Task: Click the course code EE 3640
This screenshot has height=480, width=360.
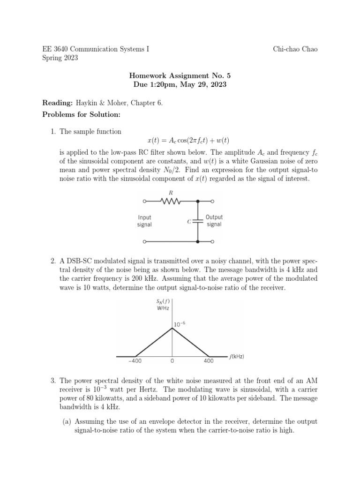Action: coord(55,49)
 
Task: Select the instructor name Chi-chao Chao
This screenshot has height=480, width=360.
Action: coord(295,49)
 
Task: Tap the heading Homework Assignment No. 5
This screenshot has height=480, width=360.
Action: coord(180,75)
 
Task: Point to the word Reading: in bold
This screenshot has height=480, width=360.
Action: coord(58,102)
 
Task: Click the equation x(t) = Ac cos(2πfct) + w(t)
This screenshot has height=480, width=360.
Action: coord(188,141)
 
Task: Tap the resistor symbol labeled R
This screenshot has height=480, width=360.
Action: coord(170,202)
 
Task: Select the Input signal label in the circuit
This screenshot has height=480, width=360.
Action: coord(144,221)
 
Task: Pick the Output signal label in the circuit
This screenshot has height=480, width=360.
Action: coord(214,221)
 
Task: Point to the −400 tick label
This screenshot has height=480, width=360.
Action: coord(135,361)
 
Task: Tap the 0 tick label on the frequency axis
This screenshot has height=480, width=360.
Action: coord(172,361)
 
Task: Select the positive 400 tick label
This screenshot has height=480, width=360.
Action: coord(209,361)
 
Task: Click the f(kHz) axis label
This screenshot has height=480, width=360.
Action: coord(236,357)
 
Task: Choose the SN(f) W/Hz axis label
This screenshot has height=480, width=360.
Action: coord(163,305)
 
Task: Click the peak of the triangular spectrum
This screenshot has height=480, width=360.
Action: coord(172,328)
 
